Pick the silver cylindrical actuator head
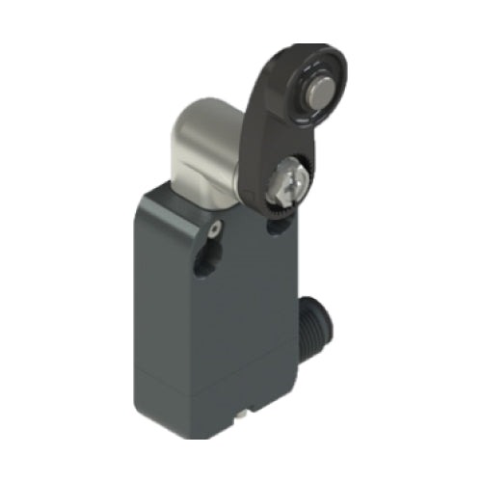point(207,154)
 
